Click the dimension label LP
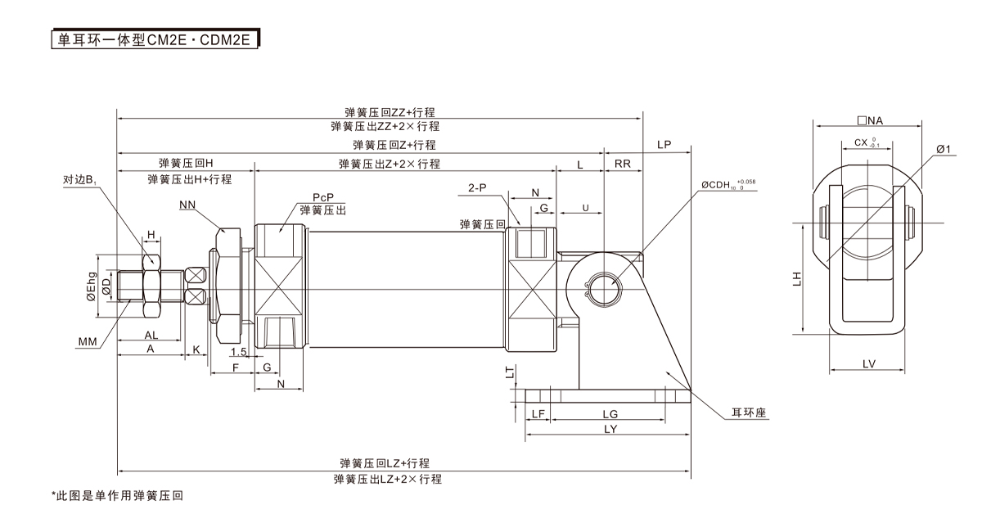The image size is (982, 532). (x=664, y=145)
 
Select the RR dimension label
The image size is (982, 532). (x=623, y=164)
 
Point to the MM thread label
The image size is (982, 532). (x=88, y=340)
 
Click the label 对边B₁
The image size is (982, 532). (x=81, y=179)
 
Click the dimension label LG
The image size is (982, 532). (x=610, y=415)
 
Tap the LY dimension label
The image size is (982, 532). (x=610, y=430)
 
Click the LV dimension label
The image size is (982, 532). (x=868, y=363)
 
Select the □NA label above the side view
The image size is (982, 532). (x=870, y=121)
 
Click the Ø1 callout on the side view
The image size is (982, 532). (x=942, y=149)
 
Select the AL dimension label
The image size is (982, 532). (x=151, y=336)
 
